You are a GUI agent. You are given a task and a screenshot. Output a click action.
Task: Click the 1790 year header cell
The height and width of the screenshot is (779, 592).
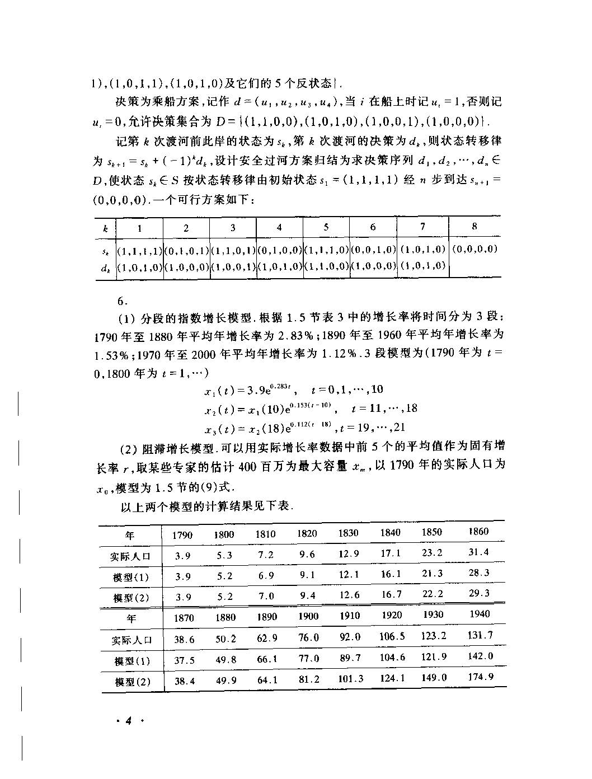(x=182, y=534)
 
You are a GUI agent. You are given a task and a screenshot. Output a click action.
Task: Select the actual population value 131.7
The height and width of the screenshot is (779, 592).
(x=480, y=635)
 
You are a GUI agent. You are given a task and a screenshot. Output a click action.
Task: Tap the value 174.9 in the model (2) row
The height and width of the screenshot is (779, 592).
(x=480, y=677)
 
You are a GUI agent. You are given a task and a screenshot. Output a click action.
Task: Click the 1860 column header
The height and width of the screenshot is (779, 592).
(x=478, y=531)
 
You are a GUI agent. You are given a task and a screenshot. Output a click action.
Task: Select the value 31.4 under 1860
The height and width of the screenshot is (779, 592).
(x=478, y=552)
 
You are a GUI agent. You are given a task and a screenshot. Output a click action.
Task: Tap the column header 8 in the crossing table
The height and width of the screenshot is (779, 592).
(x=474, y=226)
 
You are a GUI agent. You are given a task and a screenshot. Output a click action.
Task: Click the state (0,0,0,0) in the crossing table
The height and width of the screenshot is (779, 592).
(x=474, y=248)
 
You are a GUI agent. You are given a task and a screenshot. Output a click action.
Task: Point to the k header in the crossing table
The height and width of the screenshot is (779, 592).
(x=105, y=228)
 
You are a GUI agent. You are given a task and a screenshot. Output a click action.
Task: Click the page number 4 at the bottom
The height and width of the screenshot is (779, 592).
(x=128, y=720)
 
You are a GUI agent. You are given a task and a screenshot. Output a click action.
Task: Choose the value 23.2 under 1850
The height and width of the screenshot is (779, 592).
(x=432, y=552)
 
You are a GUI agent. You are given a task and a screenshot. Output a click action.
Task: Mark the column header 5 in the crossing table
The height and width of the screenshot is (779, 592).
(x=326, y=227)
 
